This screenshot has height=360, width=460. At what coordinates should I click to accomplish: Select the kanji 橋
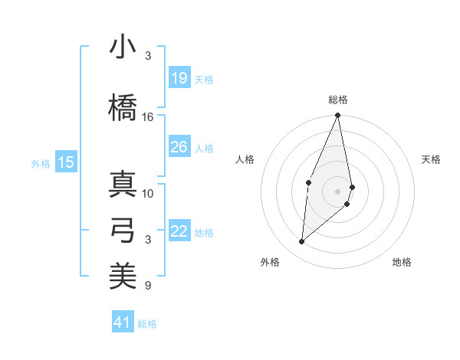coord(123,107)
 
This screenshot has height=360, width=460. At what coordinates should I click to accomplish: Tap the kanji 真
coord(123,184)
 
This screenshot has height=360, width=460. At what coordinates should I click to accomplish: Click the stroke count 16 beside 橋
coord(148,117)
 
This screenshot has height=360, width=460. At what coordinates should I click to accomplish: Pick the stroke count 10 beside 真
coord(148,193)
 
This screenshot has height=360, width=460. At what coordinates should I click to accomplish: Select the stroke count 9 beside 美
coord(148,286)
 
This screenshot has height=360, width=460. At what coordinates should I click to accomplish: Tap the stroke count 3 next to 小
coord(148,56)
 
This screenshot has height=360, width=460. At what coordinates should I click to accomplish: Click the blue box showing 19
coord(179,78)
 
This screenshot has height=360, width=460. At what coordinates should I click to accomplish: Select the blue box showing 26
coord(179,147)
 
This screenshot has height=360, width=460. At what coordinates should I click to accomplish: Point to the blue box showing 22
coord(179,231)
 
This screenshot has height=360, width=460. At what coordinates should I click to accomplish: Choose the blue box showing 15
coord(66,162)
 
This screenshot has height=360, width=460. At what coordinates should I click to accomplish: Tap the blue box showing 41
coord(123,322)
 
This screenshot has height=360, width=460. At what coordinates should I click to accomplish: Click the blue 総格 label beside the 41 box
coord(147,324)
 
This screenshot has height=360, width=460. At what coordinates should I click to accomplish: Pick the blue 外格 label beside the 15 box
coord(41,163)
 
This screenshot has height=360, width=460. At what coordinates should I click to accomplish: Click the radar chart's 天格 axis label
coord(432,159)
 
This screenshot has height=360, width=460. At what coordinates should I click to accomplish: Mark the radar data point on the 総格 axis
coord(337,116)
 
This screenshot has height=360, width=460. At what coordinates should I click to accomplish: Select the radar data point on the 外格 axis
coord(302,242)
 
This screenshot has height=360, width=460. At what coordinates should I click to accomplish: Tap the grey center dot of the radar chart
coord(337,191)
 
